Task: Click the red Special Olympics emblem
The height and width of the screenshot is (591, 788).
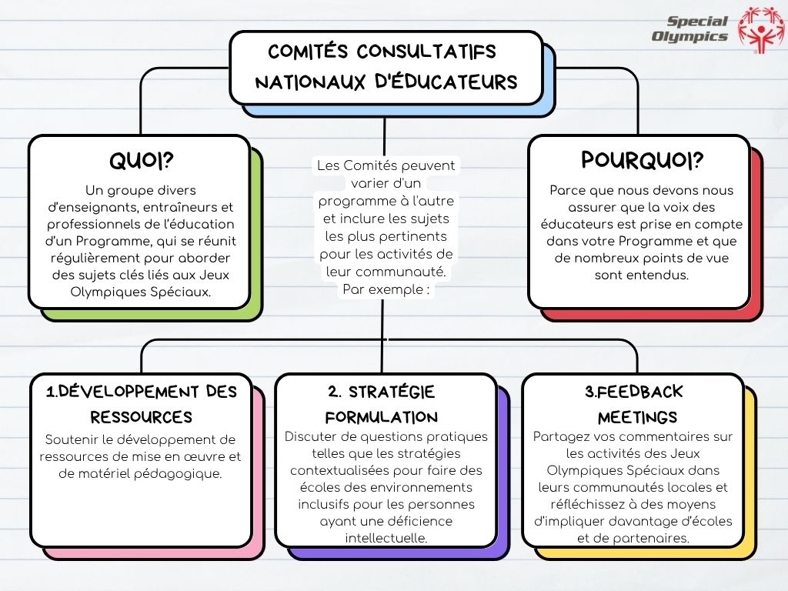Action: click(760, 28)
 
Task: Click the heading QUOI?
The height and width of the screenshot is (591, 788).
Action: click(142, 161)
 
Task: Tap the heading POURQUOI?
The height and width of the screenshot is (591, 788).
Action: click(642, 160)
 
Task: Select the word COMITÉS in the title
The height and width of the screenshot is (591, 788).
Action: click(308, 52)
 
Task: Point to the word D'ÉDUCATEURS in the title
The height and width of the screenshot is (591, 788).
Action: click(446, 82)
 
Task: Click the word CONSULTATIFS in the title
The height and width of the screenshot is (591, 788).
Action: click(426, 52)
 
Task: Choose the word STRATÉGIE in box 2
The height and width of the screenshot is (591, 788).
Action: click(392, 392)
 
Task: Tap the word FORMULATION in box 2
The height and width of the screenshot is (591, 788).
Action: click(382, 417)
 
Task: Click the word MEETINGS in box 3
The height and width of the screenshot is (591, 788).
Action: click(637, 417)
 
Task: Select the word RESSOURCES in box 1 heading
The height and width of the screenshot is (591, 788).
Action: click(142, 417)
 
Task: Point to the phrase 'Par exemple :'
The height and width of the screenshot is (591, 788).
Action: click(386, 289)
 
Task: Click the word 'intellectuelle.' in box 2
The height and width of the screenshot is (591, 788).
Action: click(386, 538)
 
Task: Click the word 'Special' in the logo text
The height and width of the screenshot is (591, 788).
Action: click(697, 21)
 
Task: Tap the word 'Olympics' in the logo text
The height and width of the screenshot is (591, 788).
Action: click(689, 36)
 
